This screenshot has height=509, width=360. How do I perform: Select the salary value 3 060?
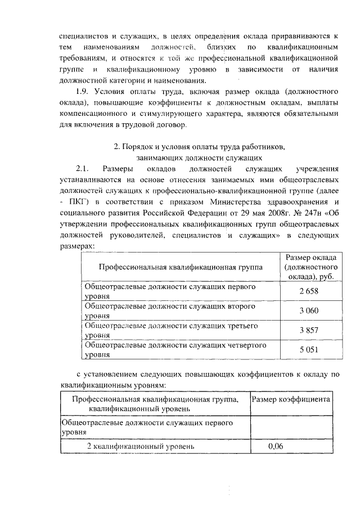click(309, 311)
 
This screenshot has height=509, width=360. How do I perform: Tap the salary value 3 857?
click(309, 331)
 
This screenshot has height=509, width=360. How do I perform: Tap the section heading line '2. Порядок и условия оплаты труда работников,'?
click(200, 147)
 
